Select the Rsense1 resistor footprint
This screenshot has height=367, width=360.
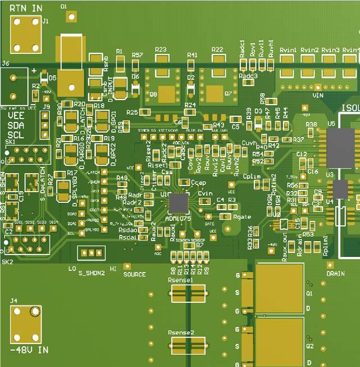(x=188, y=292)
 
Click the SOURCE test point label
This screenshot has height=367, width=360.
(x=135, y=275)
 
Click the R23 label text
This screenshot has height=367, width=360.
(x=161, y=50)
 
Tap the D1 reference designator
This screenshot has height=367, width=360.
(x=63, y=5)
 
